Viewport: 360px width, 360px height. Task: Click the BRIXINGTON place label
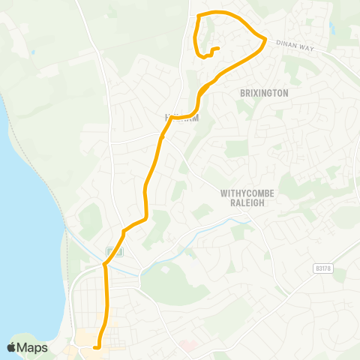(x=263, y=93)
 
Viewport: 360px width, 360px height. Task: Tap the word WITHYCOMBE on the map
(x=247, y=193)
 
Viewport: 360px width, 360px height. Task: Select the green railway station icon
(x=110, y=250)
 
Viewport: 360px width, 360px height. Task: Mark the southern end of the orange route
(x=97, y=346)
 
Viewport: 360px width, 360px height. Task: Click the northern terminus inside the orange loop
(x=217, y=49)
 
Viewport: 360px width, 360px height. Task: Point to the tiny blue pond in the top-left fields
(x=33, y=52)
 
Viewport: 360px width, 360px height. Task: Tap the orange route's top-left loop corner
(x=197, y=16)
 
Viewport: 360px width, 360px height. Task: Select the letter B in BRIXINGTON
(x=242, y=93)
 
